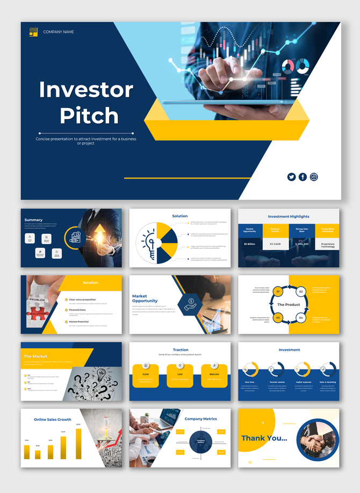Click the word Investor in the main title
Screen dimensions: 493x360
pos(86,90)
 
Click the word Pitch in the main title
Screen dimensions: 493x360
pos(89,116)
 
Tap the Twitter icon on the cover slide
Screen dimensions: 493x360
pos(291,177)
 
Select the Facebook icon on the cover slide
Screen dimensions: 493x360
pos(303,177)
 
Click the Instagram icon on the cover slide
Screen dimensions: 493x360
pos(314,177)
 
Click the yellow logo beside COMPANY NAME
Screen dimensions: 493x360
pos(33,32)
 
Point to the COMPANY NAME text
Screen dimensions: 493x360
pos(59,32)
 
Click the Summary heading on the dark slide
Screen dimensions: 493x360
pos(33,220)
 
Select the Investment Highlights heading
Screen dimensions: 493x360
pos(289,217)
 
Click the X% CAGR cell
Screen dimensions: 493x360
pos(276,244)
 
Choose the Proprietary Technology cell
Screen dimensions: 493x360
pos(327,245)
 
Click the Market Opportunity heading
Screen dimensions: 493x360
pos(145,298)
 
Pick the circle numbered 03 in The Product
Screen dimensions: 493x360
pos(278,318)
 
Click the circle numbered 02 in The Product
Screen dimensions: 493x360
pos(301,291)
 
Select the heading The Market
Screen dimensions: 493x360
pos(35,356)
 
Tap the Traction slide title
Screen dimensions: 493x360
pos(181,350)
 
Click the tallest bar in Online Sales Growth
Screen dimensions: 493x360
pos(78,444)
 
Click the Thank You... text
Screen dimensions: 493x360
pos(264,438)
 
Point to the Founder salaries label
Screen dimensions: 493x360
pos(276,382)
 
